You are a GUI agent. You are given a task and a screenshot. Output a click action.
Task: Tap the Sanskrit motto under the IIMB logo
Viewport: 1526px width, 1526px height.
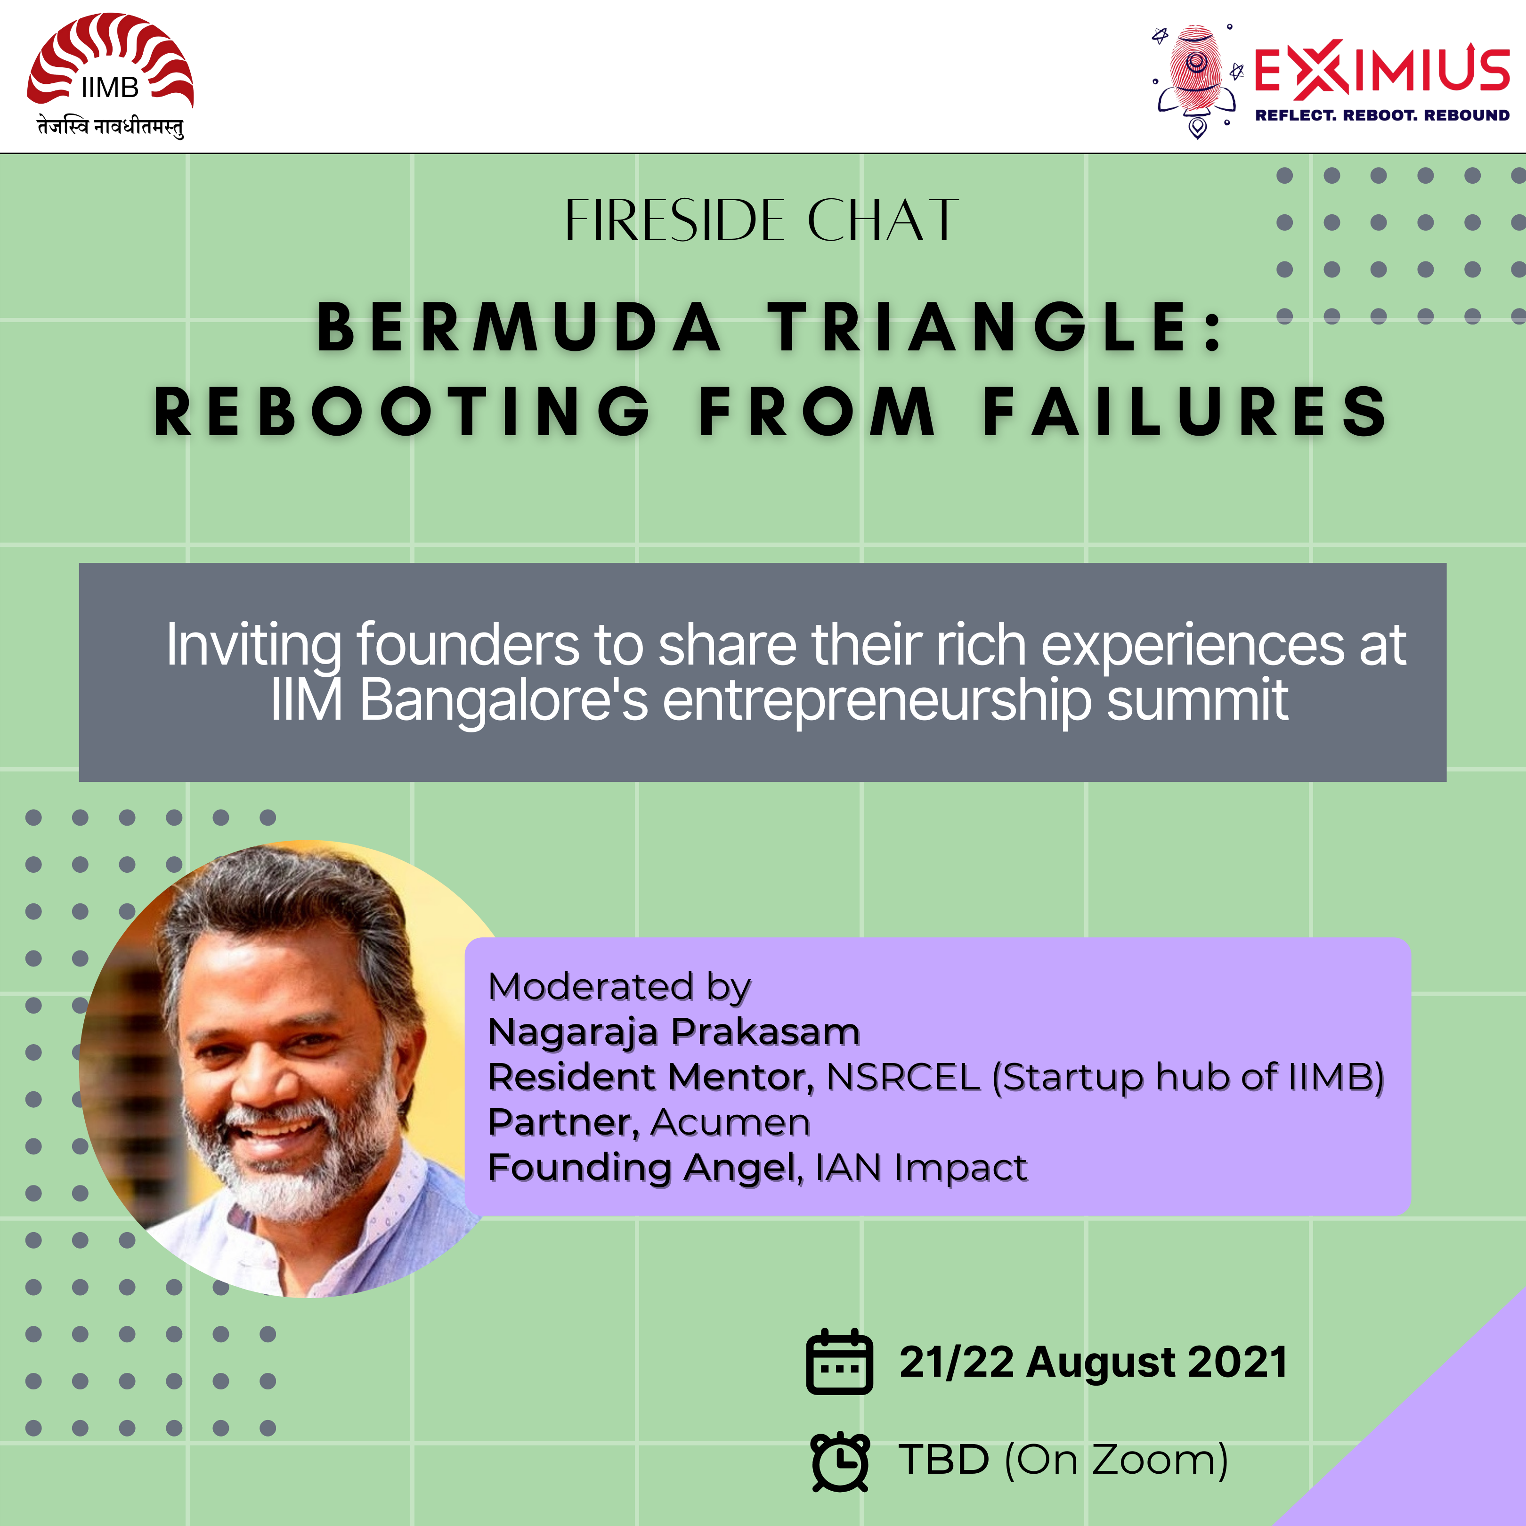tap(111, 126)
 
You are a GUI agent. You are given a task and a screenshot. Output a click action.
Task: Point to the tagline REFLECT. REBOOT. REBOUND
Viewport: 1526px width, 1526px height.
tap(1382, 115)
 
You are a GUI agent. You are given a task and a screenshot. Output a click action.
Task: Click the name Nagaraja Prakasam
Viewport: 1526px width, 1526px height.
tap(674, 1032)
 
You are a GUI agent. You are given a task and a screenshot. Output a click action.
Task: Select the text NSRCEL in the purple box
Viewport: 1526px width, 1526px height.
tap(903, 1077)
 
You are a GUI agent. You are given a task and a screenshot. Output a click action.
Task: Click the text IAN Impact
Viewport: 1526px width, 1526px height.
tap(921, 1168)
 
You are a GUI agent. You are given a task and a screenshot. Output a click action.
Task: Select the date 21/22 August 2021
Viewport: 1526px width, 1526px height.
tap(1093, 1363)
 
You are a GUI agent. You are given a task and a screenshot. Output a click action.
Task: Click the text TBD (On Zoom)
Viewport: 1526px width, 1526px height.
tap(1063, 1460)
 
